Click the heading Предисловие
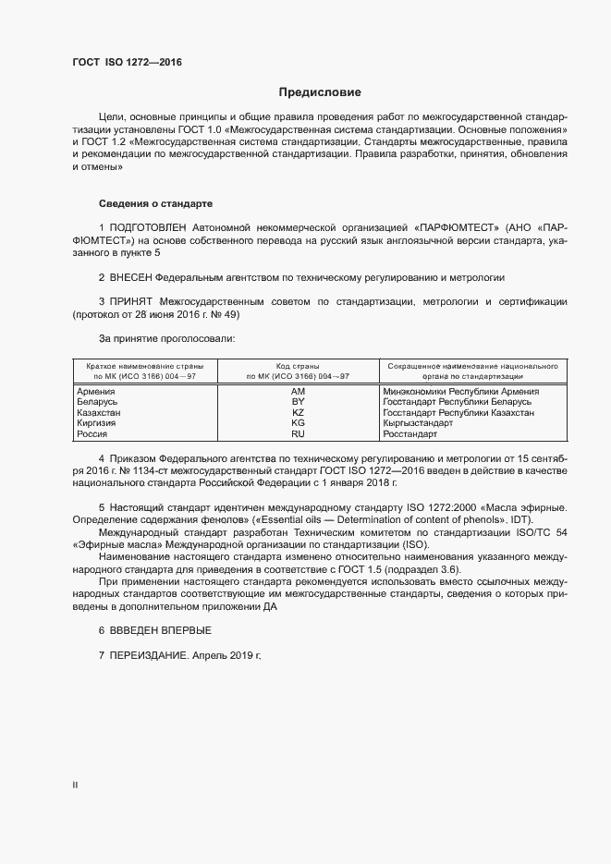320,92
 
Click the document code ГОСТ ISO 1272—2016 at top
128,63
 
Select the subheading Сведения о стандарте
157,203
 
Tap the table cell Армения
95,392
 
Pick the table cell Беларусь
97,402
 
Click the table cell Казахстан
99,413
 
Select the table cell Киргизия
96,423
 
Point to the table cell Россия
92,433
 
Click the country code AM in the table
298,392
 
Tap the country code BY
298,402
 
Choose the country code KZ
298,413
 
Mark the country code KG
298,423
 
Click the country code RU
298,433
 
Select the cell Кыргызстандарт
418,423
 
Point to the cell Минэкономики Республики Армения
460,392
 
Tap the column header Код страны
298,366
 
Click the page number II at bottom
75,785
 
